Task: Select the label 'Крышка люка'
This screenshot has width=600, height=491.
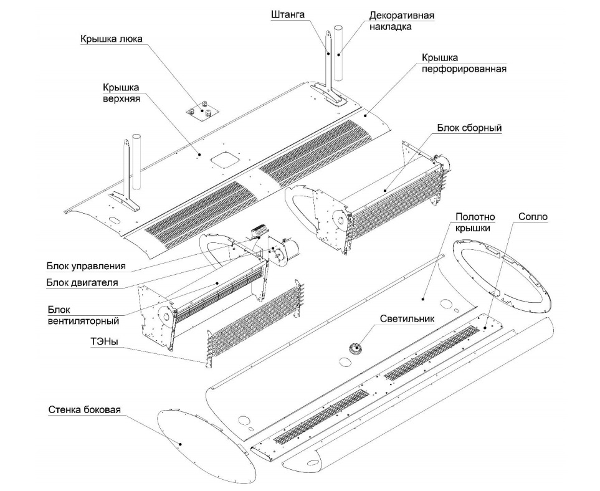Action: [x=111, y=39]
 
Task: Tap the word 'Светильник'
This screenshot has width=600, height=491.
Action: [x=406, y=318]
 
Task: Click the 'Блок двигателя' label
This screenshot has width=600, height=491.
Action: [x=82, y=284]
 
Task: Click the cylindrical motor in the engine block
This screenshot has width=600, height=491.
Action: [x=288, y=250]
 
